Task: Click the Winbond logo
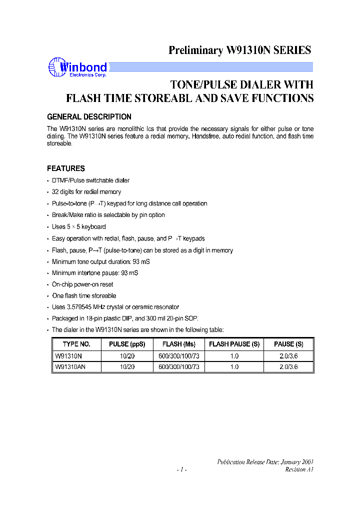pos(77,68)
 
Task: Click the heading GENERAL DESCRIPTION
pos(89,117)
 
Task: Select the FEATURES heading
pos(65,168)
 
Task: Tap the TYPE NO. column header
pos(76,344)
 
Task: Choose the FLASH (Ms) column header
pos(178,344)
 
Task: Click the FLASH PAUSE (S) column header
pos(234,344)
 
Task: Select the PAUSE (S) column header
pos(288,344)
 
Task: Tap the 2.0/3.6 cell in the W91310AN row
pos(288,366)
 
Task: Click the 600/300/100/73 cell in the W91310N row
pos(178,356)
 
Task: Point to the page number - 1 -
pos(181,469)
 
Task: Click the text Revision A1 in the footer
pos(299,469)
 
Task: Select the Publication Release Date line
pos(265,462)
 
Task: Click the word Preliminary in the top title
pos(196,50)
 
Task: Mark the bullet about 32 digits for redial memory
pos(86,192)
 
